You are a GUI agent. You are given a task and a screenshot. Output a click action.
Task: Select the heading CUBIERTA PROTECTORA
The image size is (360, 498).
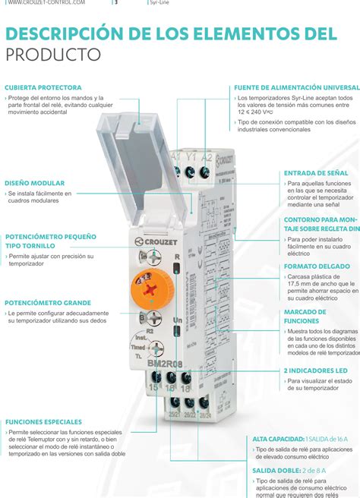43,87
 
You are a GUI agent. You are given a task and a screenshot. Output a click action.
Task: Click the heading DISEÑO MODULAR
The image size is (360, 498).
35,183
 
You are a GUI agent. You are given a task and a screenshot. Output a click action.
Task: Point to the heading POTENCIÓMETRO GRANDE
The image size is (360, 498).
48,303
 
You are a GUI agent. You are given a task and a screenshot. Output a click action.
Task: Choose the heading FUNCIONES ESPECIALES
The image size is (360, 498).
43,421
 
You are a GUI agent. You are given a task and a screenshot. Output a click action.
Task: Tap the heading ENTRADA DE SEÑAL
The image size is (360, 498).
316,173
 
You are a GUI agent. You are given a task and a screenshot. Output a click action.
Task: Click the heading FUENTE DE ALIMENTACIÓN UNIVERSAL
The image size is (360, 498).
296,87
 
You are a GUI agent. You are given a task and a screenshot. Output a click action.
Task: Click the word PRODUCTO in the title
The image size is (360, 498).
53,55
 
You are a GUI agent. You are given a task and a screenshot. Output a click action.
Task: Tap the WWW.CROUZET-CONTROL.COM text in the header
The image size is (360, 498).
46,3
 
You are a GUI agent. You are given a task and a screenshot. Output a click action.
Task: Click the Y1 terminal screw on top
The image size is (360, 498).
191,172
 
